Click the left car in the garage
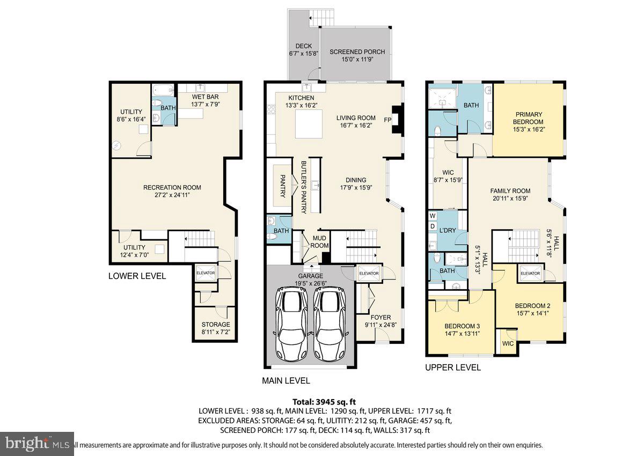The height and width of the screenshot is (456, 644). click(293, 323)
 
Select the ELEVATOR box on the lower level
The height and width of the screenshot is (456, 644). click(205, 273)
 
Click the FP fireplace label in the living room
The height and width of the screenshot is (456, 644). click(387, 120)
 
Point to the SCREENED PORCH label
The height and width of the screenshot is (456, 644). click(357, 52)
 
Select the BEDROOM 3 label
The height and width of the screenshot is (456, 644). click(462, 326)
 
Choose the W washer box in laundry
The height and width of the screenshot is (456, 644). click(433, 216)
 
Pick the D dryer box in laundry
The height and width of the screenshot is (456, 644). click(433, 226)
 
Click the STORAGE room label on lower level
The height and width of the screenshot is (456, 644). click(216, 325)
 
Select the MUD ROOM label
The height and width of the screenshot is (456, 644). click(320, 242)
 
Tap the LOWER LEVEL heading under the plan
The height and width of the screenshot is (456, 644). click(137, 276)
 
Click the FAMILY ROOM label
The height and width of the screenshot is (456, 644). click(510, 190)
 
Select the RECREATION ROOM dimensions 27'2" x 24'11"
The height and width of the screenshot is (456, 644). click(172, 195)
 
